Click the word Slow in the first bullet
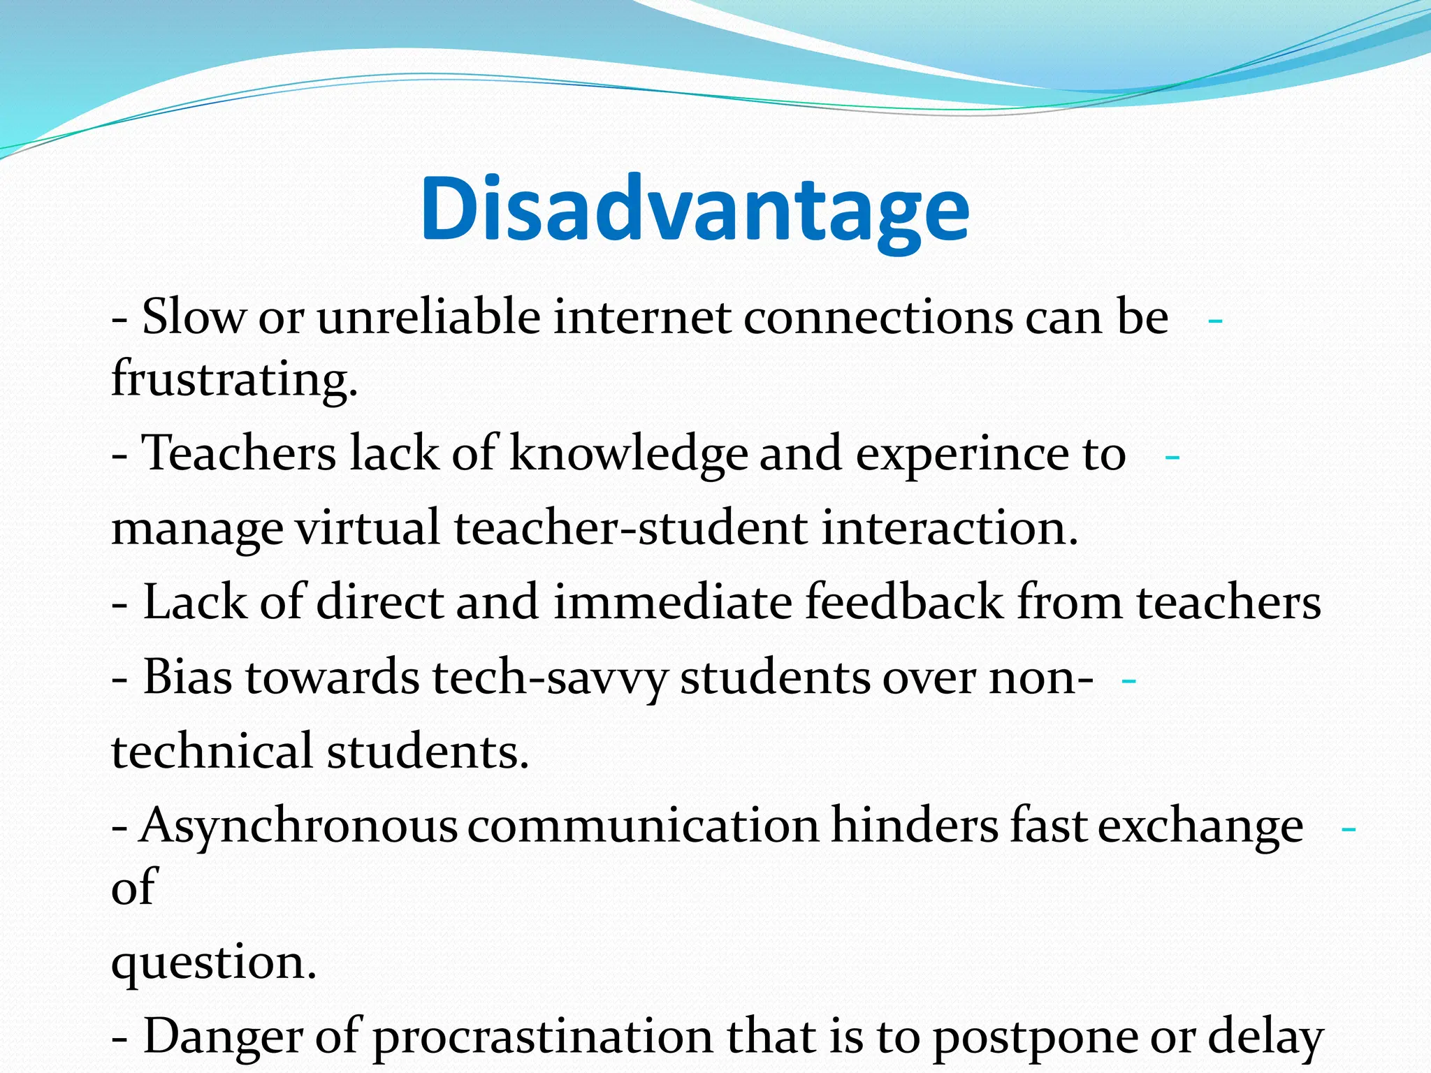tap(194, 316)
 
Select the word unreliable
tap(428, 316)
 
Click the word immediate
tap(672, 602)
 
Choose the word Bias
tap(187, 677)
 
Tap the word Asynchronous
tap(298, 826)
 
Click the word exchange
tap(1200, 826)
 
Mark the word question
tap(214, 963)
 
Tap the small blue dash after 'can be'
tap(1215, 321)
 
